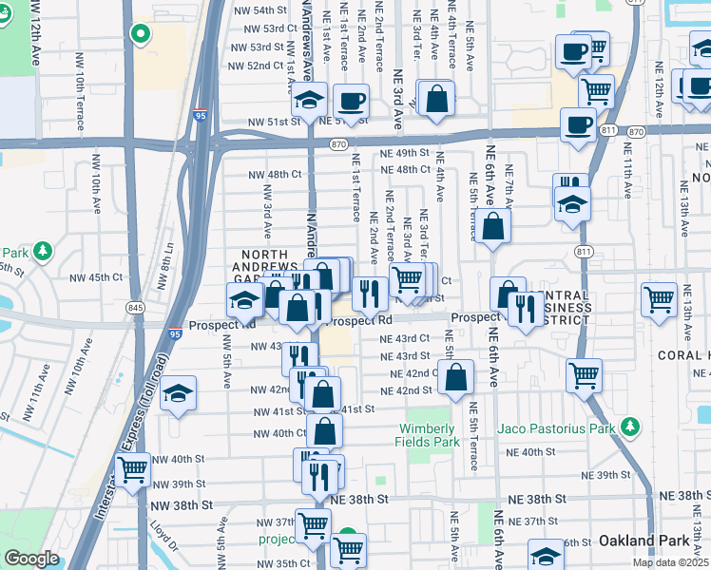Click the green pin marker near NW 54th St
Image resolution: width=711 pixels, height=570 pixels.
(141, 35)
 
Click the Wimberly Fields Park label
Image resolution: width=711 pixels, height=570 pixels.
(432, 434)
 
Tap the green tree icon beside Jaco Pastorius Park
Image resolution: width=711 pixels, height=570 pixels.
(627, 427)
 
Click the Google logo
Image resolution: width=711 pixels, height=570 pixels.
(32, 559)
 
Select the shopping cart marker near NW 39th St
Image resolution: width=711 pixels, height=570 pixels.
(132, 467)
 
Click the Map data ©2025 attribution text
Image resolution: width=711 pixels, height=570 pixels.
(670, 562)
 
